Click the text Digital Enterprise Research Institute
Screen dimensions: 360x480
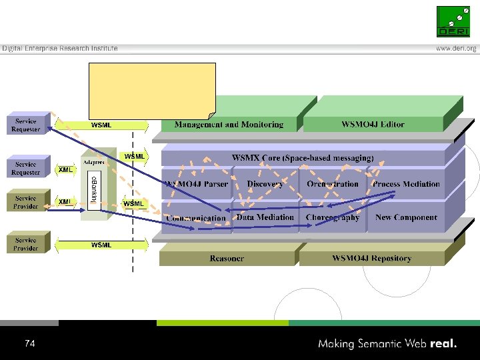pos(60,48)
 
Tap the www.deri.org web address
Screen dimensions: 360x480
pos(457,49)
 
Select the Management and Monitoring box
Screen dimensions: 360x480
pos(229,124)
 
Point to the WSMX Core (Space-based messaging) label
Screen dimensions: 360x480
pos(303,158)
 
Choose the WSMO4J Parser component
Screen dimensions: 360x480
pos(196,184)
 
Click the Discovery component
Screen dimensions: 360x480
pos(265,184)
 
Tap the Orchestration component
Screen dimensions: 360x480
pos(333,184)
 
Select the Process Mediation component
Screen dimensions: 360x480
pos(406,184)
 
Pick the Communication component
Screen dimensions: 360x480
pos(196,218)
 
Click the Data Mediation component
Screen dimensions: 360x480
pos(265,217)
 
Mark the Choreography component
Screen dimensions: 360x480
pos(333,217)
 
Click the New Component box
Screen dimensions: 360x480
pos(406,217)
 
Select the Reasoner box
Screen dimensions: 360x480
pos(227,258)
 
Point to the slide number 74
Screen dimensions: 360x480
pos(29,344)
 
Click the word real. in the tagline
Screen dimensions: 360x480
pos(444,344)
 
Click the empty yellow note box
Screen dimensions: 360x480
pos(152,89)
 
